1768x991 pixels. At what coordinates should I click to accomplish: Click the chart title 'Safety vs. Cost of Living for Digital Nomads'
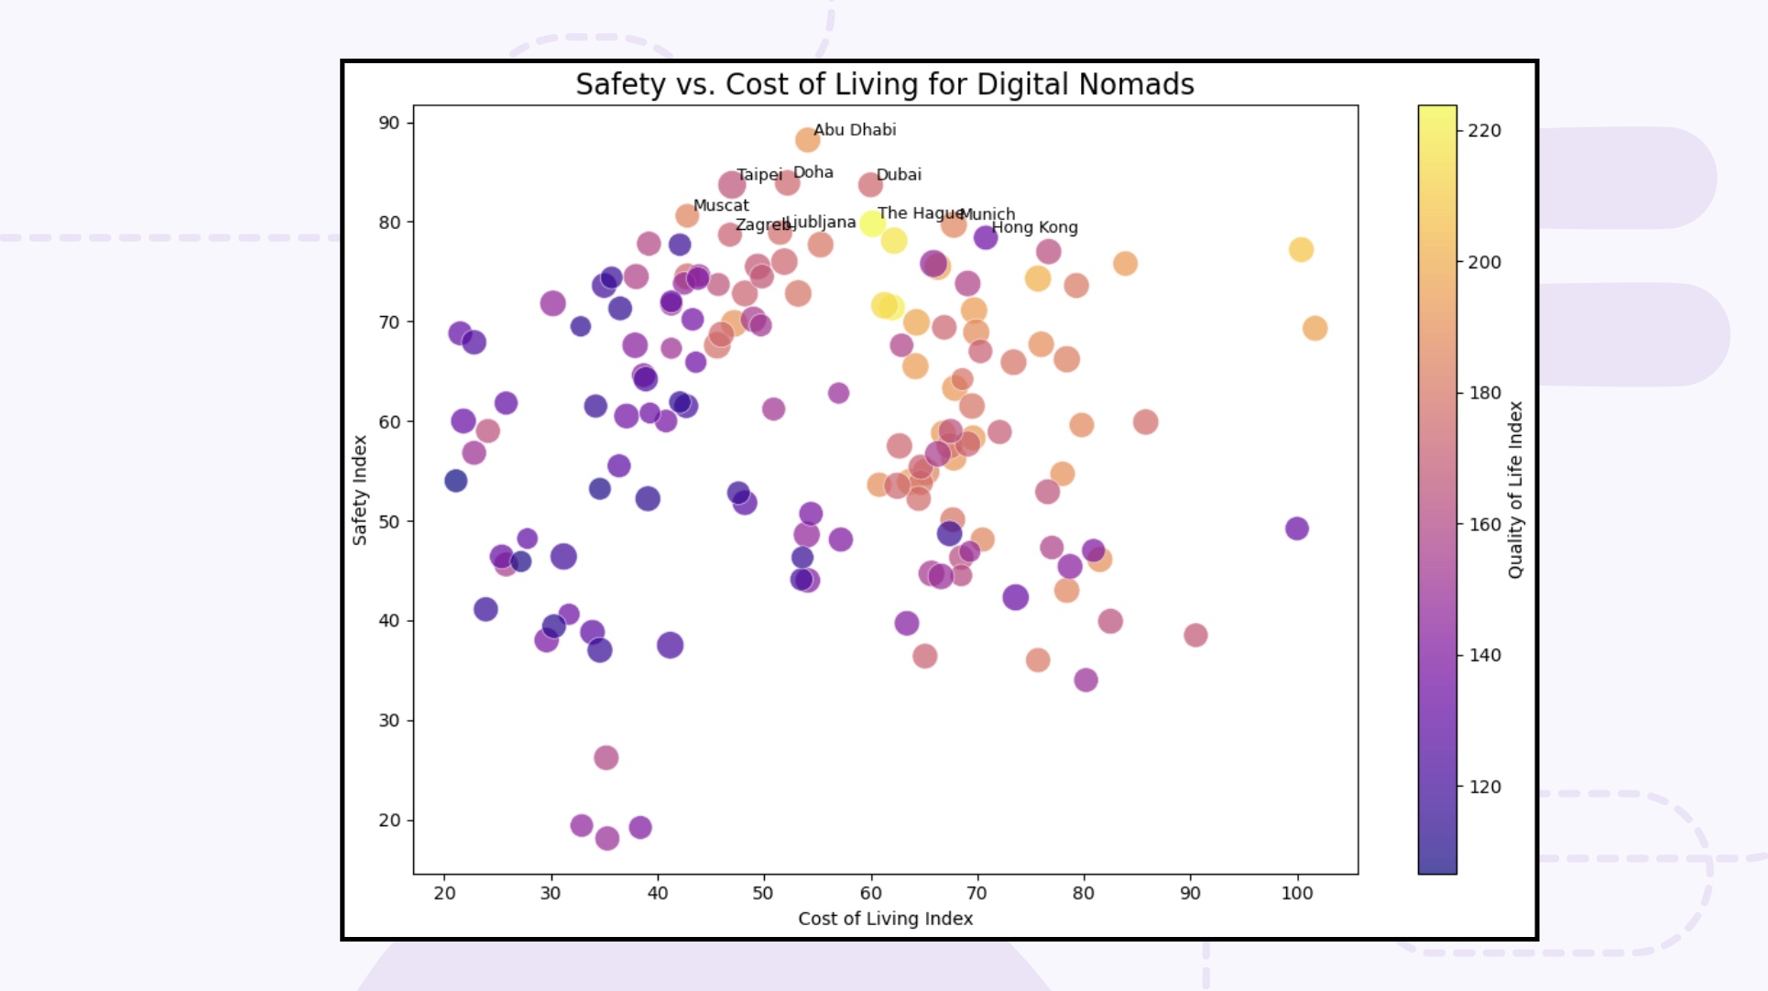[884, 84]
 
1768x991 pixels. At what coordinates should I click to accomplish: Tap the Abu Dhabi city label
[855, 130]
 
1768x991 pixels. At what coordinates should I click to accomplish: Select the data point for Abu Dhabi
[807, 140]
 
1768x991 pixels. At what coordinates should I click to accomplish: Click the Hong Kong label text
[1034, 227]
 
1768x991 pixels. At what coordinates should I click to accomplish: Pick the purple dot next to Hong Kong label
[985, 237]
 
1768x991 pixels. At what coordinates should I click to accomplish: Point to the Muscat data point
[687, 216]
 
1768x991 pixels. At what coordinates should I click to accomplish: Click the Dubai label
[899, 175]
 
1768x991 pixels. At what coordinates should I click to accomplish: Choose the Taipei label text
[759, 175]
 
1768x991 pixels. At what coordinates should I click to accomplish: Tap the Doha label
[813, 172]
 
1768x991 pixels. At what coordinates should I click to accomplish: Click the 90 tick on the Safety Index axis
[389, 123]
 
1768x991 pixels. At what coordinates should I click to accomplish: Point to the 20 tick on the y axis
[389, 821]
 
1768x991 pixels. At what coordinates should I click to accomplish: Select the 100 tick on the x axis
[1296, 893]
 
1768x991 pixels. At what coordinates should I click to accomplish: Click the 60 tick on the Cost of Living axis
[870, 893]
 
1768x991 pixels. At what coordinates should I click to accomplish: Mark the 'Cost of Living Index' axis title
[885, 919]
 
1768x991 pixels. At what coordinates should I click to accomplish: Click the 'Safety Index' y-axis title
[360, 490]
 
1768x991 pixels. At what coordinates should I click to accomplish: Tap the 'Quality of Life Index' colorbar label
[1515, 490]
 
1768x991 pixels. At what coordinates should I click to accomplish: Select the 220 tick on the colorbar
[1484, 131]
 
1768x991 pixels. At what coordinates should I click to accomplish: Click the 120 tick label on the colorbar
[1484, 787]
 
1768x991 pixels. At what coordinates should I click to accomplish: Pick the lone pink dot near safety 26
[606, 757]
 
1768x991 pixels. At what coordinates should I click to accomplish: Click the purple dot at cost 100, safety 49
[1296, 528]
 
